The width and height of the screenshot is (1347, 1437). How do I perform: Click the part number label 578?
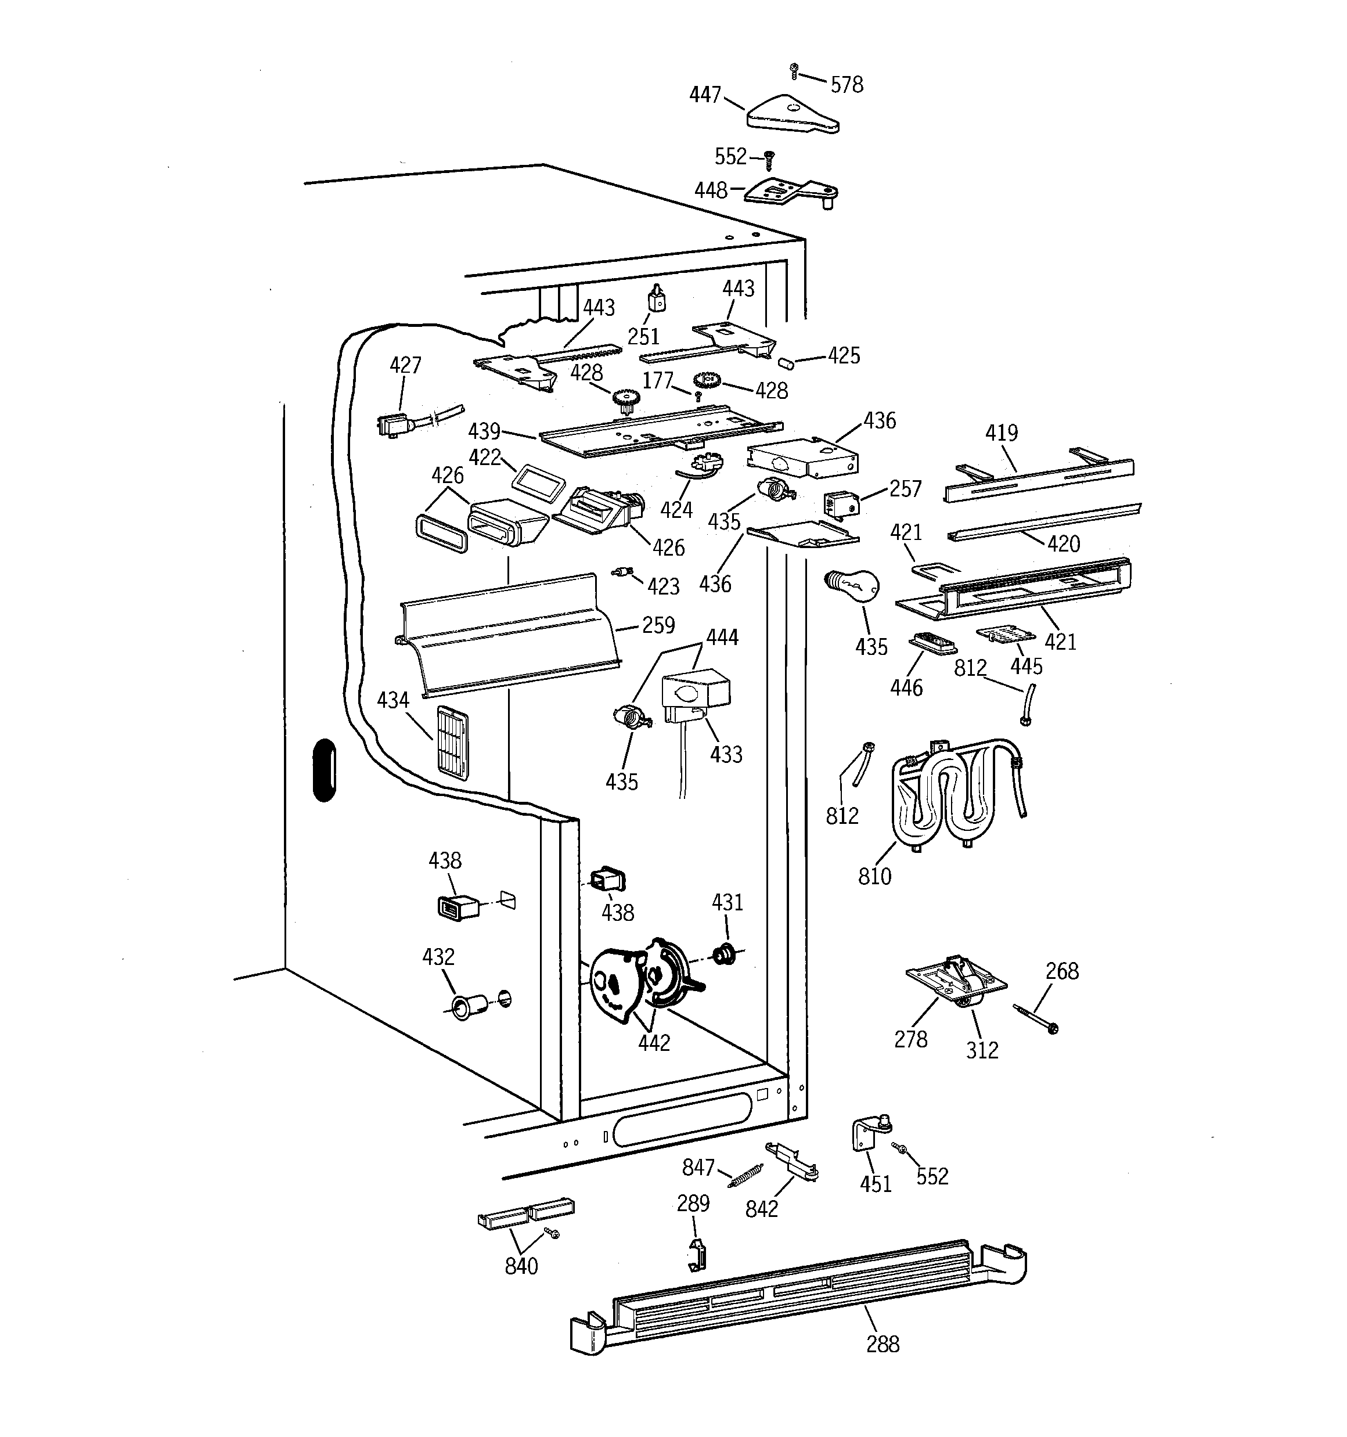click(846, 85)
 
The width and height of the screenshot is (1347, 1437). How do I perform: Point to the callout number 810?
click(874, 876)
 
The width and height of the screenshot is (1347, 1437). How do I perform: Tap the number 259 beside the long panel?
click(657, 625)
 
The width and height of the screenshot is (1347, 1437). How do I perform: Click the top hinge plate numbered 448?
click(792, 192)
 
